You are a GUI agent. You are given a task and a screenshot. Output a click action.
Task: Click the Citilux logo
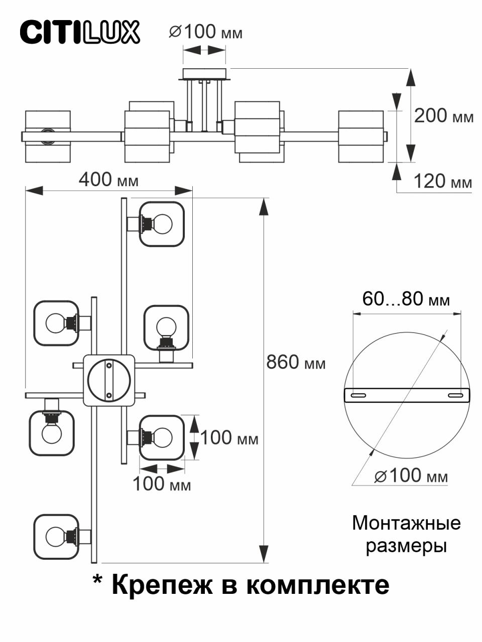pyautogui.click(x=80, y=32)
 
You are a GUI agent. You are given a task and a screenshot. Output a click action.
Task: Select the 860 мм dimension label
pyautogui.click(x=296, y=362)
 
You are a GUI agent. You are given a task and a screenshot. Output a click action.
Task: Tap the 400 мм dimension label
pyautogui.click(x=108, y=180)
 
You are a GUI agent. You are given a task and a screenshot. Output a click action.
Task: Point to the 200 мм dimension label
pyautogui.click(x=443, y=116)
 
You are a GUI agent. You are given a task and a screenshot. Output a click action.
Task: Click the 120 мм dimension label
pyautogui.click(x=442, y=181)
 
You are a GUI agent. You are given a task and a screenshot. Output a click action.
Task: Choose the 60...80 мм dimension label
pyautogui.click(x=406, y=299)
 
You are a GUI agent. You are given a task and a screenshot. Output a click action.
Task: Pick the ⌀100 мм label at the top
pyautogui.click(x=205, y=33)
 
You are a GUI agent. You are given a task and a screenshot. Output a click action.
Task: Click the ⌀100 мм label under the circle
pyautogui.click(x=411, y=475)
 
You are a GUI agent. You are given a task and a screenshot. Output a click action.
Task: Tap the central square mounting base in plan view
pyautogui.click(x=109, y=381)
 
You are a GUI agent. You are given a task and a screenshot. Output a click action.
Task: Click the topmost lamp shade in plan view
pyautogui.click(x=162, y=224)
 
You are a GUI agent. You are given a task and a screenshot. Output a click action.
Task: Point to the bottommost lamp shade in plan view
pyautogui.click(x=56, y=536)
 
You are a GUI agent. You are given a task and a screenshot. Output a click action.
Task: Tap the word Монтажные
pyautogui.click(x=406, y=523)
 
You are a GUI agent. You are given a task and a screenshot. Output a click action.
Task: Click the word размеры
pyautogui.click(x=406, y=546)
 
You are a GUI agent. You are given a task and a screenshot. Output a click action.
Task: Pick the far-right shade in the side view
pyautogui.click(x=361, y=136)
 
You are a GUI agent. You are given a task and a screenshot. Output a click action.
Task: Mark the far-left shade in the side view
pyautogui.click(x=48, y=136)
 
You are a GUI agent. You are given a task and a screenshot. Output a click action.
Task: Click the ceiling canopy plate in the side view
pyautogui.click(x=204, y=74)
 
